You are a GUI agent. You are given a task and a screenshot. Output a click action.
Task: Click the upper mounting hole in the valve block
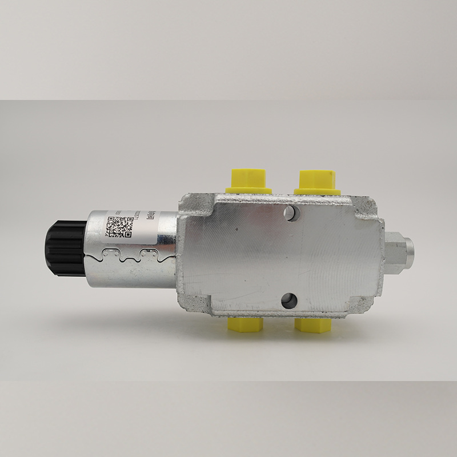point(291,213)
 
